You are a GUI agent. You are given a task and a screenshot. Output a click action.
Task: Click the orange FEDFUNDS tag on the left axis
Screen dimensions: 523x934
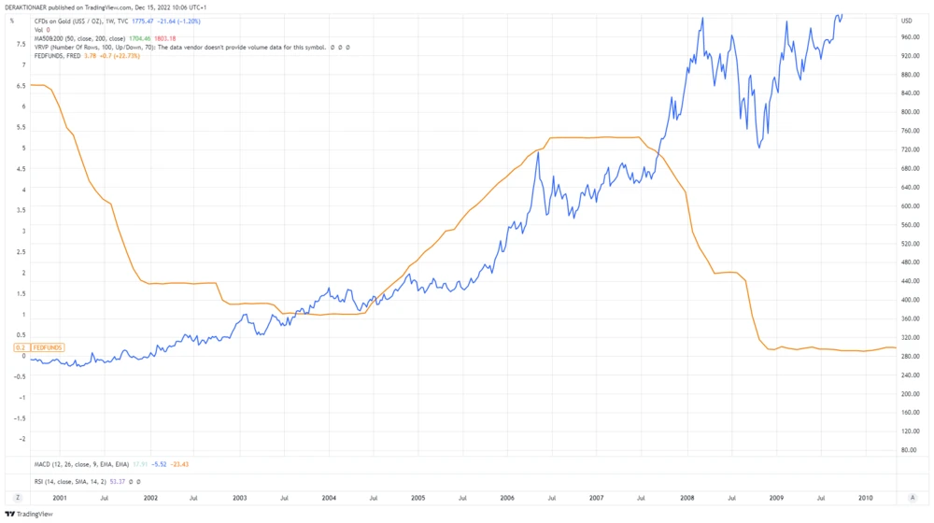[x=48, y=347]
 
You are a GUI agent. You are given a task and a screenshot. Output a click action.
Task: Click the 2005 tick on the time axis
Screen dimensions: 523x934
[x=417, y=499]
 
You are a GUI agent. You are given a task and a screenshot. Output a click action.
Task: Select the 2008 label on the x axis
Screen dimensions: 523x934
[x=687, y=499]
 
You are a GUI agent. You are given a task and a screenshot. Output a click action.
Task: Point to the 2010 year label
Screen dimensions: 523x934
[x=866, y=499]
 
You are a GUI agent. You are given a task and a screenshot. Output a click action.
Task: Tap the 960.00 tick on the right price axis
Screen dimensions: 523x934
[x=912, y=37]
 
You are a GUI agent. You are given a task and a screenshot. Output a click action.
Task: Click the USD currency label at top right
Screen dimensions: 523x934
[x=907, y=21]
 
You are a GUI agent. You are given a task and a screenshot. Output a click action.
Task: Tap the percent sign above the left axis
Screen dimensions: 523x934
[x=12, y=21]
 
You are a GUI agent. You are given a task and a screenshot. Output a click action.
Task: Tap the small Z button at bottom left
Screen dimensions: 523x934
[x=17, y=499]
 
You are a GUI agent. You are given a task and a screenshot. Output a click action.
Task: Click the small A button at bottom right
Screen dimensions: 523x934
[x=912, y=499]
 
